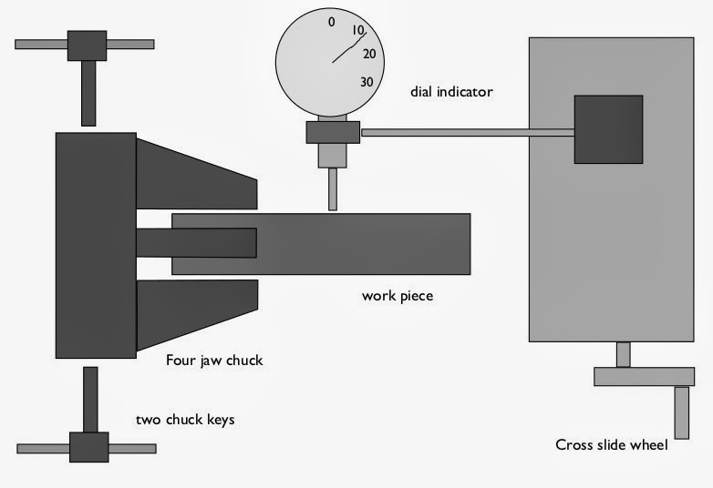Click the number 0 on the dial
coord(332,22)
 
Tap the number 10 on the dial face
coord(358,30)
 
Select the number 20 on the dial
coord(369,54)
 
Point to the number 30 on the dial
coord(367,82)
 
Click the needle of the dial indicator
coord(349,47)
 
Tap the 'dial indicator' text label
coord(451,92)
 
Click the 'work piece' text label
coord(398,296)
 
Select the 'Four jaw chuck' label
coord(214,360)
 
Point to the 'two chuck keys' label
coord(185,420)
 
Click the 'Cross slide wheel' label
coord(612,444)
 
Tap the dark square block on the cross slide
coord(608,129)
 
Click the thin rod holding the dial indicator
coord(468,133)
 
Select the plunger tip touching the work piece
coord(333,189)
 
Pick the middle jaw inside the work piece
coord(196,243)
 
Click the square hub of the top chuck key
coord(87,46)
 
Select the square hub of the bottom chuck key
coord(89,447)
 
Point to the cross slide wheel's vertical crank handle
coord(682,412)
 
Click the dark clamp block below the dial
coord(333,132)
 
